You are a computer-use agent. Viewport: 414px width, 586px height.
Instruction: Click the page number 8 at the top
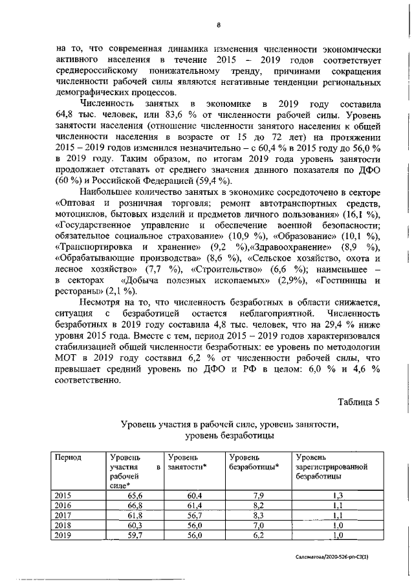pos(219,25)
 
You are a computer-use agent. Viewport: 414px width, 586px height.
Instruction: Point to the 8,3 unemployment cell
pos(257,516)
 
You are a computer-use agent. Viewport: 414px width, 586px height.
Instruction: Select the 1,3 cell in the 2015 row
pos(338,495)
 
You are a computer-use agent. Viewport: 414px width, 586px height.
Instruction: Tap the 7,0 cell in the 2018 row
pos(257,526)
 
